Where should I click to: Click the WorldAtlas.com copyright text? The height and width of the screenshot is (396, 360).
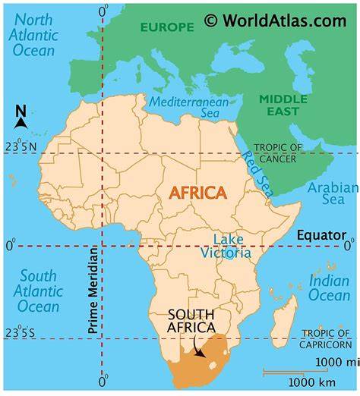point(275,20)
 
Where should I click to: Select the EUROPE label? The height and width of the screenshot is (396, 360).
point(166,27)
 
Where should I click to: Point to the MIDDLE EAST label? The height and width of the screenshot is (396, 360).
point(283,105)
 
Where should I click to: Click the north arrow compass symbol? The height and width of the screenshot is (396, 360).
point(21,118)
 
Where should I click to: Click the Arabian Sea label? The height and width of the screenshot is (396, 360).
point(333,193)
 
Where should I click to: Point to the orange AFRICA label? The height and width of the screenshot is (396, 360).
point(197,193)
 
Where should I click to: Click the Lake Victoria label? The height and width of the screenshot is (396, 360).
point(226,246)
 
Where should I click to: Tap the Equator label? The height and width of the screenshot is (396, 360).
point(321,235)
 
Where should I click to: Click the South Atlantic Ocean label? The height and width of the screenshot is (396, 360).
point(38,291)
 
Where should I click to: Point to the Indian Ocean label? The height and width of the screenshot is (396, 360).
point(330,288)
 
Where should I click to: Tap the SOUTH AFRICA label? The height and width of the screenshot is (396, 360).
point(191,322)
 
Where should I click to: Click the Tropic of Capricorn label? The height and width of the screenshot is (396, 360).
point(327,338)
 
